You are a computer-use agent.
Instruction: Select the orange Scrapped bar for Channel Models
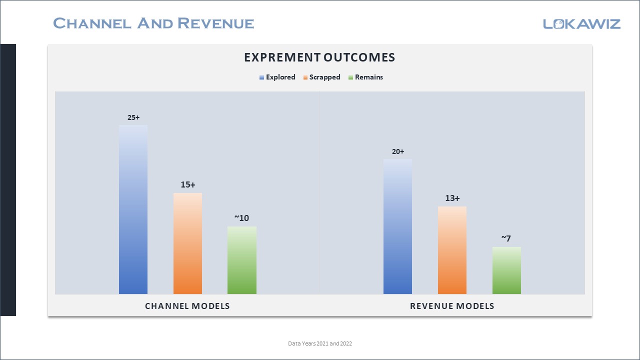(x=187, y=243)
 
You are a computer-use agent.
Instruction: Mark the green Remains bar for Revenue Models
(x=506, y=270)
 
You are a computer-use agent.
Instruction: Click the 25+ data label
(x=133, y=117)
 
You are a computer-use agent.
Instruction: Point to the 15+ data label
(x=188, y=184)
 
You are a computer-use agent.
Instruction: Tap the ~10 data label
(x=242, y=218)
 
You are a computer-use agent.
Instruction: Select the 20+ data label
(x=398, y=151)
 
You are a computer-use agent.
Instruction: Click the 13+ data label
(x=452, y=198)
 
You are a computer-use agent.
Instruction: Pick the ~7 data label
(x=506, y=238)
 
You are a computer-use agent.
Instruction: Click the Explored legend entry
(x=277, y=77)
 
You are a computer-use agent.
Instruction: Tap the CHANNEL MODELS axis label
(x=187, y=306)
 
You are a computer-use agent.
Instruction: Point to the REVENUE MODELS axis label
(x=452, y=306)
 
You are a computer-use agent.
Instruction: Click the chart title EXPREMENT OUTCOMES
(x=319, y=57)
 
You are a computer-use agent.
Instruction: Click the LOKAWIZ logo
(x=581, y=23)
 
